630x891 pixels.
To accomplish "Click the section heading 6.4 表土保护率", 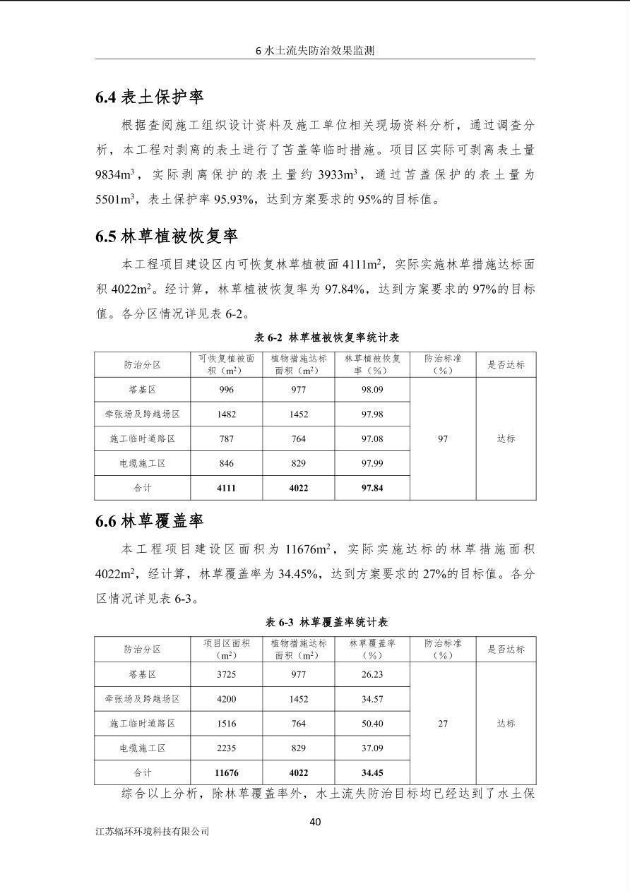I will click(x=150, y=97).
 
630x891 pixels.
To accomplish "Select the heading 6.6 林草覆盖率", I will click(x=150, y=521).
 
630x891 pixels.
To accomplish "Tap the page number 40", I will click(x=315, y=821).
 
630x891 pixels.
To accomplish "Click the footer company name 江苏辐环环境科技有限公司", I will click(x=153, y=831).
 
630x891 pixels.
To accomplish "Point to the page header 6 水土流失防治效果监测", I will click(x=314, y=51).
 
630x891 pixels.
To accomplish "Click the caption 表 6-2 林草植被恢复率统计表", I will click(x=326, y=337).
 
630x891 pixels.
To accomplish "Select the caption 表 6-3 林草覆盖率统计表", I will click(x=326, y=622).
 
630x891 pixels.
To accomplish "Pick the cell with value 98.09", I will click(x=372, y=390).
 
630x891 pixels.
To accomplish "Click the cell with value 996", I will click(x=227, y=390).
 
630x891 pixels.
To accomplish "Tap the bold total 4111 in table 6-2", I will click(x=227, y=488).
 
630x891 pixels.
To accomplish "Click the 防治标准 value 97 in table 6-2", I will click(x=443, y=439).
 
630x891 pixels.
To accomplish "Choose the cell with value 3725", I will click(x=227, y=674).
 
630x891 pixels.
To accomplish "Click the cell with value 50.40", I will click(x=372, y=724).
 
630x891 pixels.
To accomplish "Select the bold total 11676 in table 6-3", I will click(x=227, y=773).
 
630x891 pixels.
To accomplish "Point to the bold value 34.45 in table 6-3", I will click(x=372, y=773).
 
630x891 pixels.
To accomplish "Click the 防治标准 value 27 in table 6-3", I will click(x=443, y=724).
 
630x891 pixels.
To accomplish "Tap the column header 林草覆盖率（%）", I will click(x=372, y=649).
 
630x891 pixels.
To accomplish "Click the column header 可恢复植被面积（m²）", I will click(x=227, y=364).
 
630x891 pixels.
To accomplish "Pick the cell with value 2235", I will click(x=227, y=748).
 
